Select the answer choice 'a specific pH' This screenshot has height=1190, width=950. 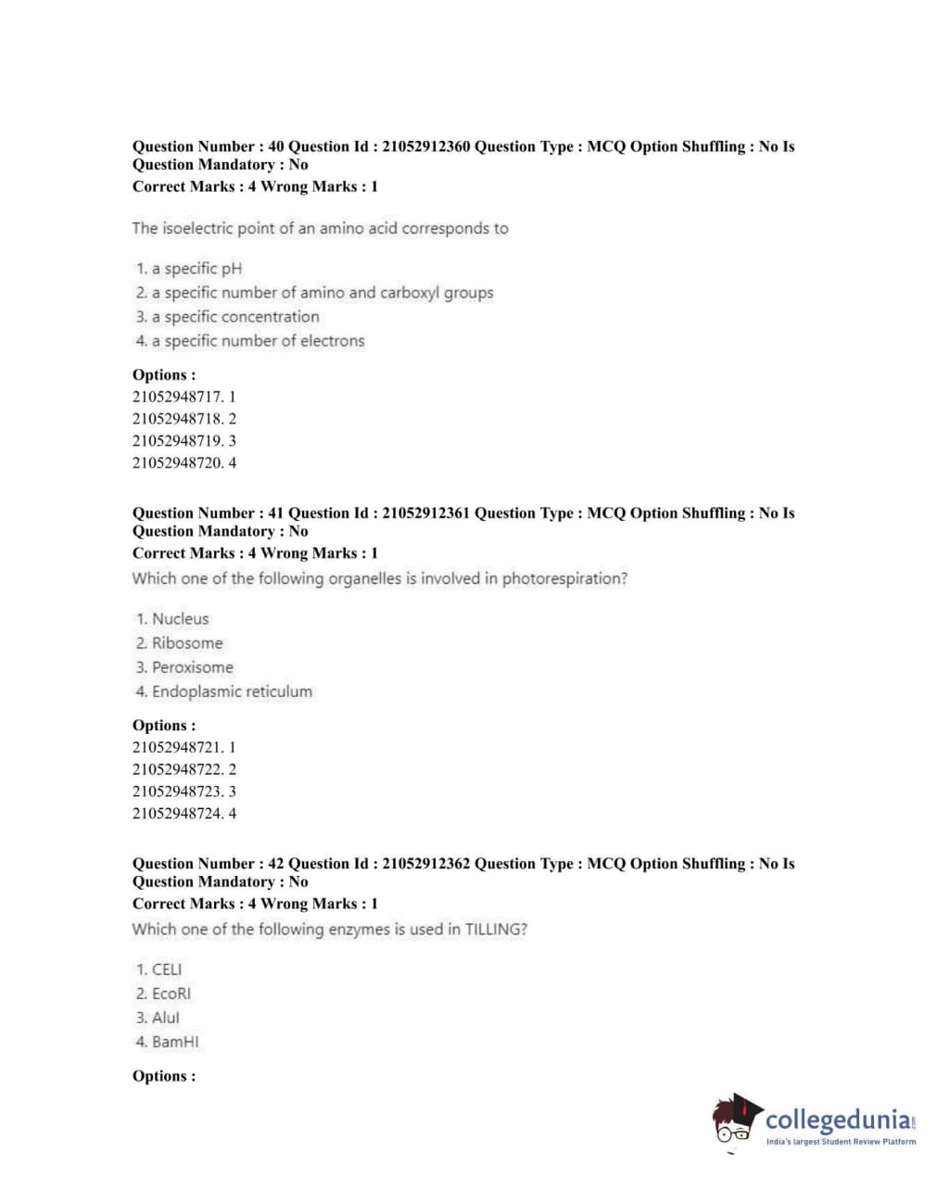click(x=196, y=269)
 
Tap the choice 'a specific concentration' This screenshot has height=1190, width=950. click(x=235, y=317)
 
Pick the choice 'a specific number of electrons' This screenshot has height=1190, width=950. click(x=258, y=341)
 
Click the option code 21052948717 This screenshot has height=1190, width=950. click(x=178, y=397)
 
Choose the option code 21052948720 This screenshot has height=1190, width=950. click(x=178, y=463)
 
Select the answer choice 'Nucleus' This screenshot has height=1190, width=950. click(x=180, y=619)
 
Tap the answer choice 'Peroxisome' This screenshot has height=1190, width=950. click(x=192, y=667)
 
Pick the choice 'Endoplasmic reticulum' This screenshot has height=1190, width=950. click(x=232, y=691)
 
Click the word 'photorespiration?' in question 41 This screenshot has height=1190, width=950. click(x=564, y=579)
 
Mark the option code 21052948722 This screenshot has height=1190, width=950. click(x=178, y=769)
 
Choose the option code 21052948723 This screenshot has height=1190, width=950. click(x=178, y=791)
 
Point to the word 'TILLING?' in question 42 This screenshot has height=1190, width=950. click(x=496, y=930)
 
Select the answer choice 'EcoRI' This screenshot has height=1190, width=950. click(x=171, y=994)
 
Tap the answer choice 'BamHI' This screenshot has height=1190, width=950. click(x=174, y=1042)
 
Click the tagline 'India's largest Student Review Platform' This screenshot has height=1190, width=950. click(x=841, y=1142)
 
